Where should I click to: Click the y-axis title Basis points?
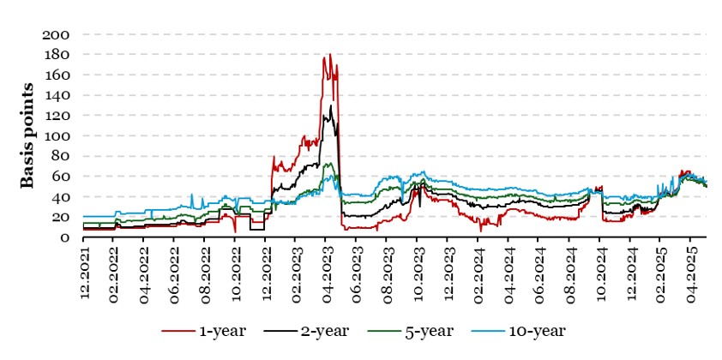[x=27, y=135]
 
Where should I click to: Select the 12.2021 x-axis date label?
[x=84, y=271]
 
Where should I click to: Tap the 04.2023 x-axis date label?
[x=329, y=271]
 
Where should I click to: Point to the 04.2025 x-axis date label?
[x=696, y=271]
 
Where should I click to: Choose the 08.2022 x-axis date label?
[x=207, y=271]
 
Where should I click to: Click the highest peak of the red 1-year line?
[x=330, y=55]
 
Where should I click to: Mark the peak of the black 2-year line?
[x=331, y=105]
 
